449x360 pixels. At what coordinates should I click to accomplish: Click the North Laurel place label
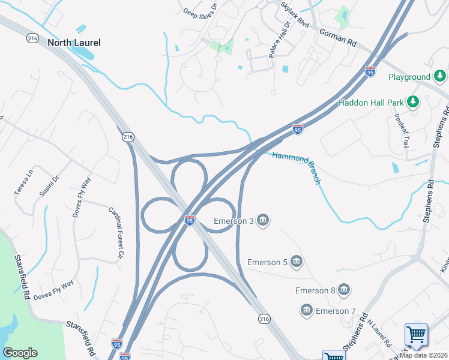click(x=74, y=43)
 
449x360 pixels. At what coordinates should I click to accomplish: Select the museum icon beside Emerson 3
click(x=262, y=221)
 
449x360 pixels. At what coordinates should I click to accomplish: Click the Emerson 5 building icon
click(x=296, y=262)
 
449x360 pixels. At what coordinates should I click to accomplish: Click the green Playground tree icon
click(x=441, y=76)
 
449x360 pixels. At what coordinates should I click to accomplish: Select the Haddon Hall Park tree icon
click(x=413, y=102)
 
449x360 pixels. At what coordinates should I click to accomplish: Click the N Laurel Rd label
click(x=379, y=334)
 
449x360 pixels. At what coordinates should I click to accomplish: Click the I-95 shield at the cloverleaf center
click(x=190, y=221)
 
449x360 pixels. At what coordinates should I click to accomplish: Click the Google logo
click(x=20, y=353)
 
